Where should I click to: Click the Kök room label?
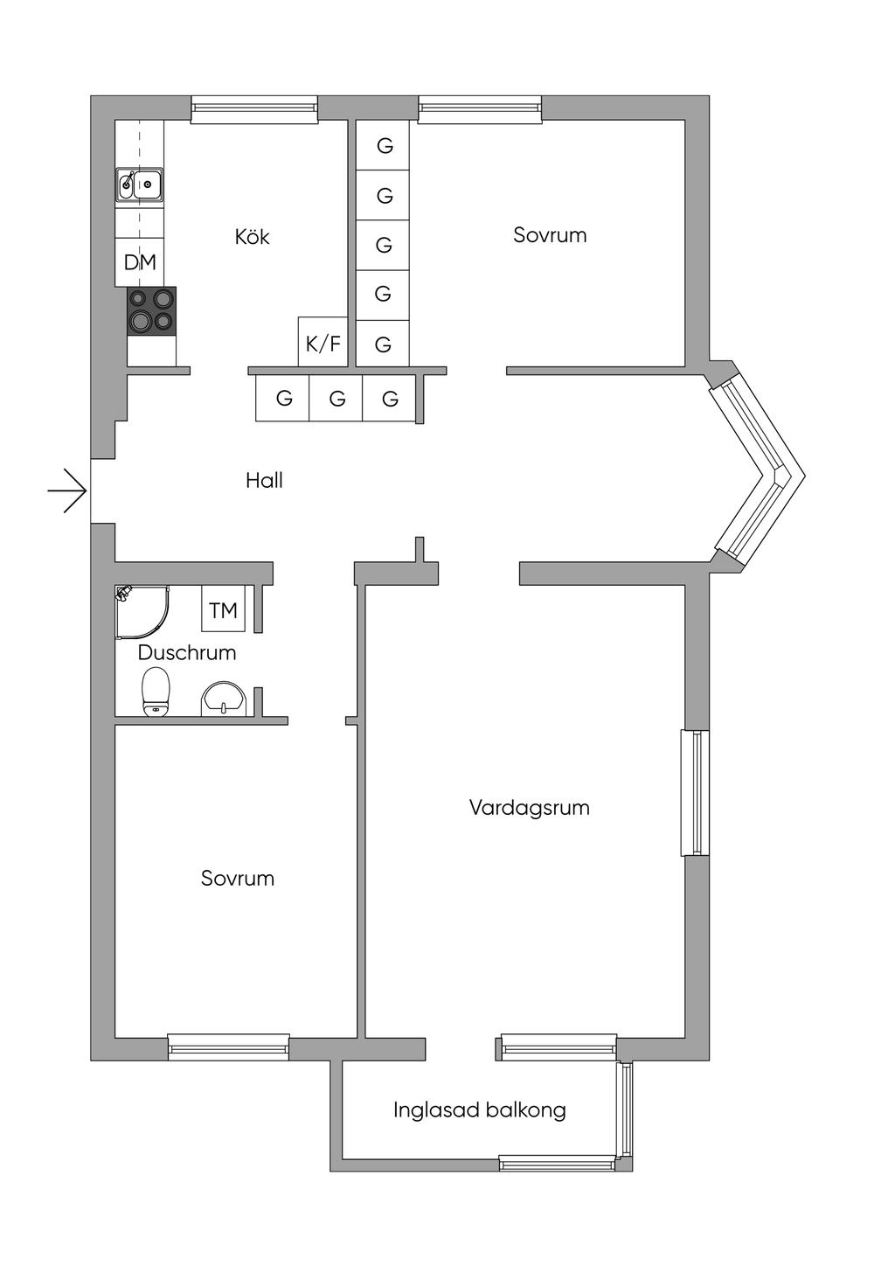[252, 236]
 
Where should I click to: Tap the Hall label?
[264, 480]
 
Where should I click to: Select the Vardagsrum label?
[530, 808]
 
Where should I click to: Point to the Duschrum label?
[186, 653]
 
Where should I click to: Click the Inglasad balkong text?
[480, 1110]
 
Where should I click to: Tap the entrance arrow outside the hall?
[66, 491]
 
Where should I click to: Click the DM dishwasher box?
[140, 262]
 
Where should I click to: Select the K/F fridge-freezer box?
[323, 341]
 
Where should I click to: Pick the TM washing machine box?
[223, 609]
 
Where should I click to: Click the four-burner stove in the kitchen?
[151, 311]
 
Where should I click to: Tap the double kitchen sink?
[140, 184]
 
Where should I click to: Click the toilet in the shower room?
[156, 692]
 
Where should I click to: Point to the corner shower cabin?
[142, 612]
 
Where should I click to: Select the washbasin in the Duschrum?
[224, 699]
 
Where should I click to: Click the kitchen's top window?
[254, 109]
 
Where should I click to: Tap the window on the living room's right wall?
[695, 793]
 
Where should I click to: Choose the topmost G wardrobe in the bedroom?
[383, 145]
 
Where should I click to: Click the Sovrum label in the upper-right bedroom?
[550, 235]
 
